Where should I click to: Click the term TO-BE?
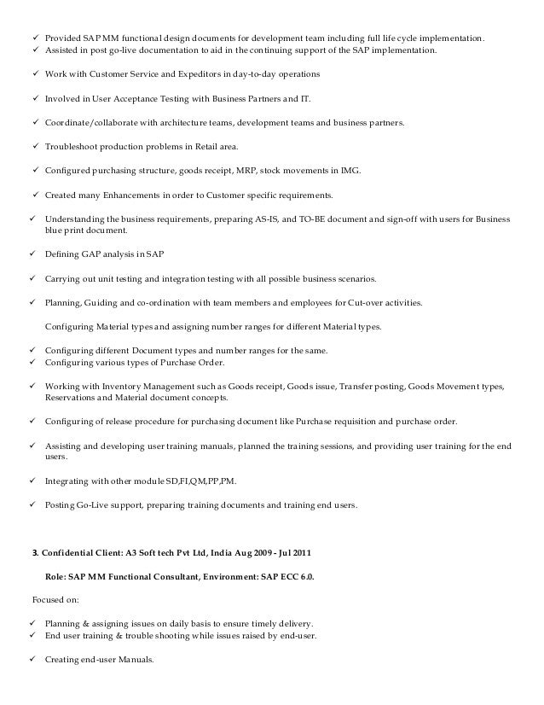pos(311,218)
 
